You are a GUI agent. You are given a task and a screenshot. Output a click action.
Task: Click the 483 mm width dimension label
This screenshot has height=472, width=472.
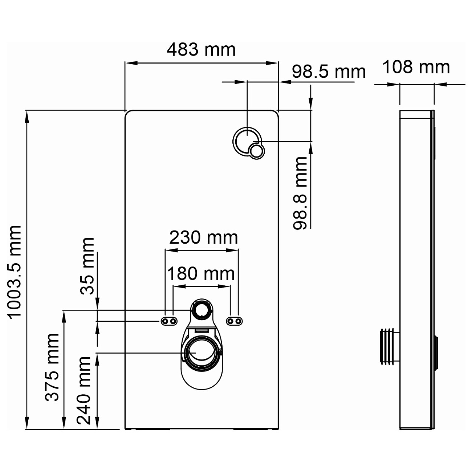click(201, 50)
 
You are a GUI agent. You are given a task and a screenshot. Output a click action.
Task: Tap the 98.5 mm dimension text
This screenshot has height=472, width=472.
click(329, 72)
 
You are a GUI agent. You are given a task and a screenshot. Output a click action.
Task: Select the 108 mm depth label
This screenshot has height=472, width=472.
click(416, 67)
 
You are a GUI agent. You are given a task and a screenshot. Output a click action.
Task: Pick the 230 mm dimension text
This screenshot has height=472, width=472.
click(203, 238)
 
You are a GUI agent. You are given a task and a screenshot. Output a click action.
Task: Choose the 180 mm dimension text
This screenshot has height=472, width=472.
click(200, 274)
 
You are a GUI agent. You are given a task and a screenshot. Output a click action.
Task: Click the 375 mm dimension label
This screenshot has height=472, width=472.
click(52, 367)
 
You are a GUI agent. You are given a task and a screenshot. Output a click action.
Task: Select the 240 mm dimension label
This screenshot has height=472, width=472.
click(84, 390)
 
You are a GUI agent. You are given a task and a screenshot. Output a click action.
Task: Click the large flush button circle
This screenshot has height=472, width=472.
click(246, 141)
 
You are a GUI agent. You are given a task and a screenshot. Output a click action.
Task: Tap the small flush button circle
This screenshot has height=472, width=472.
click(256, 150)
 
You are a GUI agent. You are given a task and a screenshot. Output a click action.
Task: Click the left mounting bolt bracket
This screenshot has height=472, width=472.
click(169, 321)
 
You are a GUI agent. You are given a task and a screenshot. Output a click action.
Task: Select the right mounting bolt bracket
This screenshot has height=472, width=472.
click(234, 321)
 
